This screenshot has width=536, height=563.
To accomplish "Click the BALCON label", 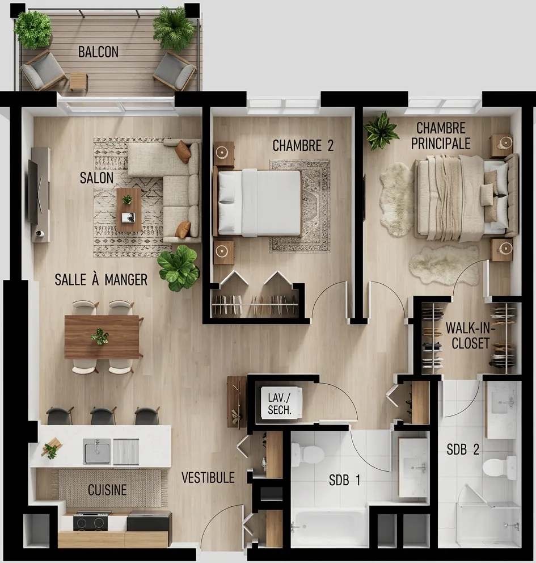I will pyautogui.click(x=98, y=52).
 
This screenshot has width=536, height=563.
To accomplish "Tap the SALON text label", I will pyautogui.click(x=96, y=178).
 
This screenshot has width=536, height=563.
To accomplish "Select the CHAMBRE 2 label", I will pyautogui.click(x=303, y=146).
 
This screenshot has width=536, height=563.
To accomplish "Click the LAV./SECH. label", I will pyautogui.click(x=280, y=403).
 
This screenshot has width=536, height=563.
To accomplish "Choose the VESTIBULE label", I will pyautogui.click(x=208, y=478).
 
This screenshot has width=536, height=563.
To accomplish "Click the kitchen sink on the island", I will pyautogui.click(x=97, y=451).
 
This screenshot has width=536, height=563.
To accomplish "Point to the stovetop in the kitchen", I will pyautogui.click(x=92, y=521).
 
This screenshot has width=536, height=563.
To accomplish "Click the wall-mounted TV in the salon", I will pyautogui.click(x=33, y=192).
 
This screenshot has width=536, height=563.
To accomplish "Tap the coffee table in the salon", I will pyautogui.click(x=129, y=209).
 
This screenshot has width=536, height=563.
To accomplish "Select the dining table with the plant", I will pyautogui.click(x=102, y=337).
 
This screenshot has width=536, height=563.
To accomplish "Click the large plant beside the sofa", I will pyautogui.click(x=178, y=268).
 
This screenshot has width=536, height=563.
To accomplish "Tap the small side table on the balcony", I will pyautogui.click(x=78, y=81).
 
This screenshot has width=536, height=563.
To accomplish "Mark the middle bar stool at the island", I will pyautogui.click(x=103, y=415).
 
